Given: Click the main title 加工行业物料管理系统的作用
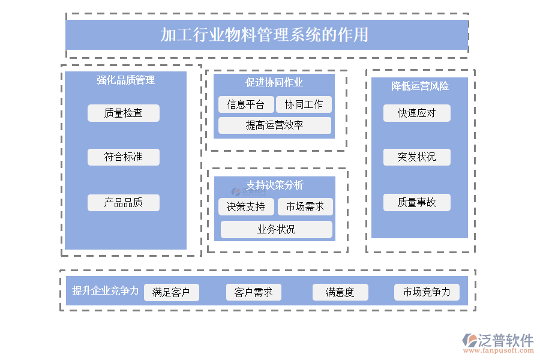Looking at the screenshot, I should point(265,35).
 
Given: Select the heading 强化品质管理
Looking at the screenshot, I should point(126,80).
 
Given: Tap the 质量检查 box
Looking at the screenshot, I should point(124,113).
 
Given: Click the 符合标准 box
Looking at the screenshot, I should point(124,157).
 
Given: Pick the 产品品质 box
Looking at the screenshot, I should point(124,203).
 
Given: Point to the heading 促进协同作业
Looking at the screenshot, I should point(274,82).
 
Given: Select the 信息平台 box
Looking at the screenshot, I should point(246,104).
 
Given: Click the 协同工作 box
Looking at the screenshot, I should point(304,104).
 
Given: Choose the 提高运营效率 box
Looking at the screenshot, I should point(274,125).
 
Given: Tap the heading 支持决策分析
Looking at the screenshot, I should point(275,185).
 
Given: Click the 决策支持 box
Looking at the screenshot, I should point(246,207).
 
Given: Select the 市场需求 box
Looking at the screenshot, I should point(305,207).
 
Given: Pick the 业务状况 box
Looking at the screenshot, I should point(276,230).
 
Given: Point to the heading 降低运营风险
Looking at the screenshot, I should point(420,86).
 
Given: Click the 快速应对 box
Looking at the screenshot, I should point(417,113).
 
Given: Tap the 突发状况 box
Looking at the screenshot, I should point(417,157).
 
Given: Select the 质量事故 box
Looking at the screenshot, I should point(417,203).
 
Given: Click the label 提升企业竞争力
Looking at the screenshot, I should point(106,291).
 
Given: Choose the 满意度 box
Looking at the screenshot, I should point(340,293).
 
